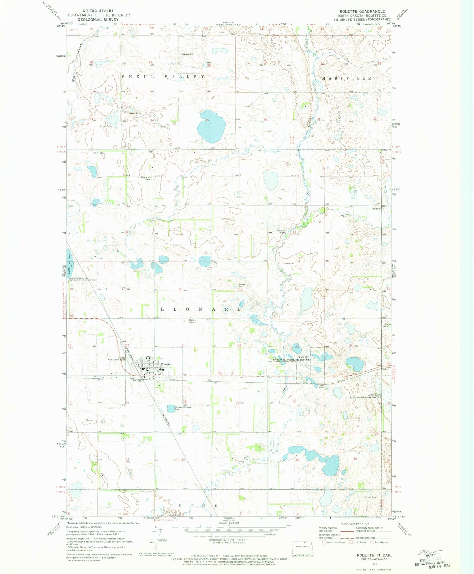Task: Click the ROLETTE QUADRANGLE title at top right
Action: [x=362, y=11]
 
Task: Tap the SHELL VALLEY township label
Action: [x=163, y=77]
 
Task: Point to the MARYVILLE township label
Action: [x=347, y=78]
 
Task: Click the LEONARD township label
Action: [x=201, y=309]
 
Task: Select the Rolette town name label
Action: [x=166, y=364]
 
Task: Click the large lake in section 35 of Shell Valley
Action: [x=212, y=126]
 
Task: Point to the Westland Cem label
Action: [x=145, y=178]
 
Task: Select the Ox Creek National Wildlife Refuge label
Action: [x=292, y=358]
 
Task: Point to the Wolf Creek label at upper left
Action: [x=77, y=62]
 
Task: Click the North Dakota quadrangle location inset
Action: [x=303, y=547]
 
